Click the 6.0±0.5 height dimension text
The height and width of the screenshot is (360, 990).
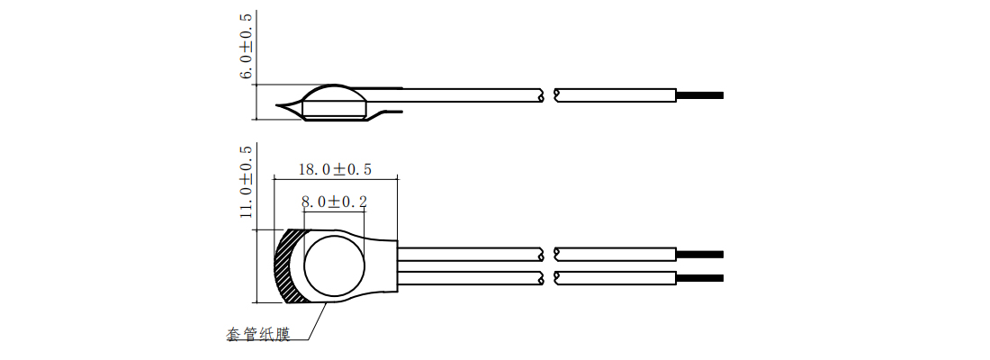coord(245,47)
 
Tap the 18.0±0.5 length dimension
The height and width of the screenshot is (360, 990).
coord(334,169)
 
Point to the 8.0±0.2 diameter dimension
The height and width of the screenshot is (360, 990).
coord(335,202)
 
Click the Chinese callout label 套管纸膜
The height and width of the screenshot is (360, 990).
coord(258,334)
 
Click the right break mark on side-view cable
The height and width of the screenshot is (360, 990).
coord(558,94)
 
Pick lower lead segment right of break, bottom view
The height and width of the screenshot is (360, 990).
coord(616,277)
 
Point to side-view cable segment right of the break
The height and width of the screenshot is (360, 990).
coord(616,94)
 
